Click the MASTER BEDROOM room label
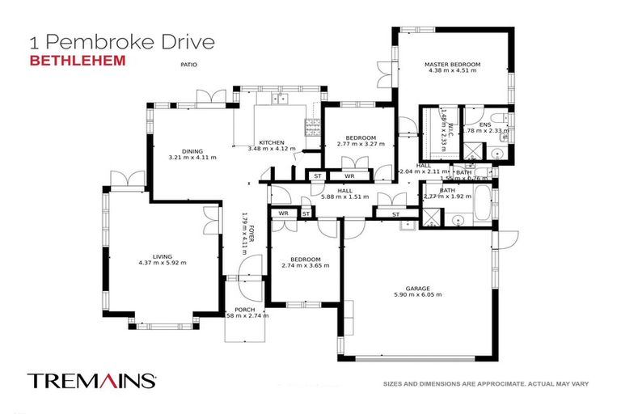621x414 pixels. tap(454, 64)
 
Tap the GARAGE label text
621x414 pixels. tap(418, 287)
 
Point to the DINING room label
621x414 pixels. tap(192, 151)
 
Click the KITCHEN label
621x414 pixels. tap(271, 142)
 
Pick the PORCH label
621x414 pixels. tap(244, 309)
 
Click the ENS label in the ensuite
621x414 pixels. tap(484, 125)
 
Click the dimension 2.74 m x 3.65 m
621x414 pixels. tap(305, 265)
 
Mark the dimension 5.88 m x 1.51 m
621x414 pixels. tap(344, 196)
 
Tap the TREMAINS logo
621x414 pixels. tap(91, 380)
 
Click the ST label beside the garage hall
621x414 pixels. tap(395, 214)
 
